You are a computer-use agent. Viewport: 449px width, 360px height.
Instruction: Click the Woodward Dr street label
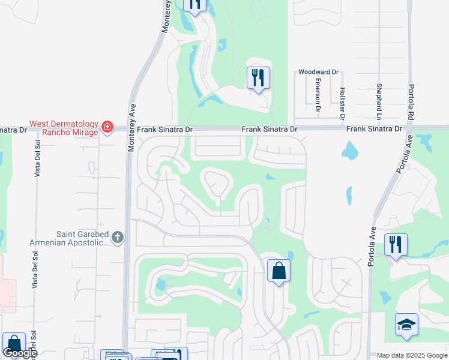point(315,72)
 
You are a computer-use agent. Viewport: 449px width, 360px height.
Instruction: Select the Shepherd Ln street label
point(379,97)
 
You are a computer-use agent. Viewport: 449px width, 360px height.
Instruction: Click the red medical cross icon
point(107,127)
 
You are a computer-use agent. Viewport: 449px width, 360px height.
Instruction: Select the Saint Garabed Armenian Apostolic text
point(68,238)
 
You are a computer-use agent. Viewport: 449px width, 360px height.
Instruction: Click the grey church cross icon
point(118,238)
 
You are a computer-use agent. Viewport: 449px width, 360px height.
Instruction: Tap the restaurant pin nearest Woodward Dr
point(258,77)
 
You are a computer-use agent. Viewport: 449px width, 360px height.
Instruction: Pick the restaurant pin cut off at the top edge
point(194,4)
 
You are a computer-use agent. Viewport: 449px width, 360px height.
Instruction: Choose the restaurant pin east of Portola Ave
point(396,245)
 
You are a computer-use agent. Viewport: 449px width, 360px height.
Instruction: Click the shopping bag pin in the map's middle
point(279,271)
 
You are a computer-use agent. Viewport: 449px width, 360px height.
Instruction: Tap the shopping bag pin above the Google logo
point(13,344)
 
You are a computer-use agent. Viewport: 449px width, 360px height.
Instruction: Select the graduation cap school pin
point(406,325)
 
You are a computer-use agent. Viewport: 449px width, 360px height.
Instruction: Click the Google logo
point(20,353)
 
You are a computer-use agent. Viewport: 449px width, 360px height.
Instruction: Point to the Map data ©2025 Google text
point(411,355)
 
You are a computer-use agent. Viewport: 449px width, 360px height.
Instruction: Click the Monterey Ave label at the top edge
point(167,16)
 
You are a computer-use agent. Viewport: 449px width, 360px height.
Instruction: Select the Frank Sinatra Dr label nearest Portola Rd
point(374,129)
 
